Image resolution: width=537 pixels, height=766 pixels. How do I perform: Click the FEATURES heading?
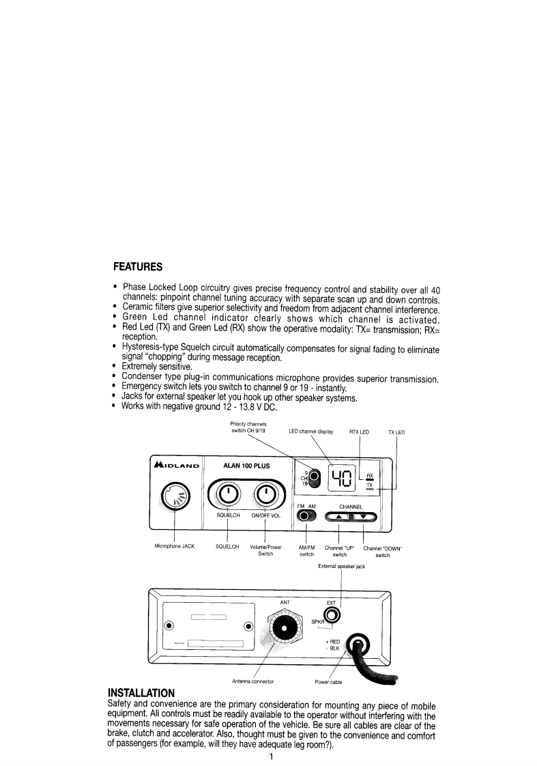tap(137, 266)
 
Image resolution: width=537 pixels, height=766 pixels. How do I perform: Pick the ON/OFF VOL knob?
tap(265, 494)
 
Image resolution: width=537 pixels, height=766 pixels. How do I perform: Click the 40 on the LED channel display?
tap(340, 479)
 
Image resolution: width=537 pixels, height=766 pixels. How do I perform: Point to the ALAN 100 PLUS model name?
tap(247, 466)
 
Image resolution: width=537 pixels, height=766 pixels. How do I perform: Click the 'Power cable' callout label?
tap(328, 682)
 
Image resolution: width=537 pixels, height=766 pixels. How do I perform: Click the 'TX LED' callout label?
tap(396, 432)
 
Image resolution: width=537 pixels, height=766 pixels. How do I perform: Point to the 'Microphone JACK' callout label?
tap(175, 547)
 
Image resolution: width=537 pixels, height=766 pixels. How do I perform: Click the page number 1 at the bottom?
tap(271, 757)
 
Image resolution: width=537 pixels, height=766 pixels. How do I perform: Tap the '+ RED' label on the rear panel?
tap(336, 642)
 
